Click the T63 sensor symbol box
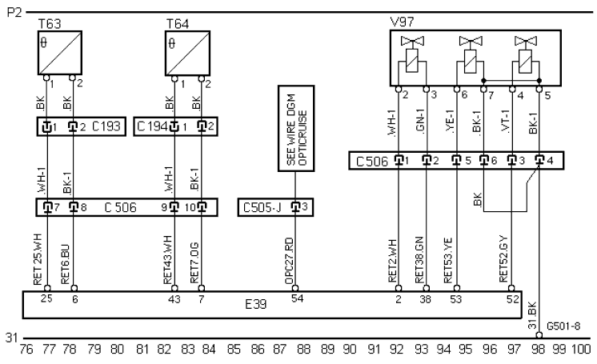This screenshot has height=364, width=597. pos(60,53)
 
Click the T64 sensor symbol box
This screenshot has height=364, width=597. pos(187,54)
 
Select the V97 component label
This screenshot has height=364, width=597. pos(402,22)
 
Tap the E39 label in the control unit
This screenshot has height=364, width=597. pos(256,304)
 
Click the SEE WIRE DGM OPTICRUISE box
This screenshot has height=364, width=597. pos(296,128)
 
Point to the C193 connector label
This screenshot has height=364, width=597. pos(106,126)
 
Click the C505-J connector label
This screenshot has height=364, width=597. pos(262,207)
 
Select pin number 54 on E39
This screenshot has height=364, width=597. pos(297,298)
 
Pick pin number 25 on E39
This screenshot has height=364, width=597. pos(46,298)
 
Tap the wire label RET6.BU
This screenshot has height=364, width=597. pos(65,264)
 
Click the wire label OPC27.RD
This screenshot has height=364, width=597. pos(289,261)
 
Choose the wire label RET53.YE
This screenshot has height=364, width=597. pos(448,261)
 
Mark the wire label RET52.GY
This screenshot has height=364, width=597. pos(503,259)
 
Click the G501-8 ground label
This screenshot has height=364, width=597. pos(563,326)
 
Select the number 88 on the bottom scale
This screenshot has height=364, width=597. pos(304,349)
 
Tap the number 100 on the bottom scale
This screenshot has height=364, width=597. pos(581,349)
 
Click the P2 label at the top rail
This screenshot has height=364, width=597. pos(15,13)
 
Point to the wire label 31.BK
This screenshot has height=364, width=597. pos(532,316)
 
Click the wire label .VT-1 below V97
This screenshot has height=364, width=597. pos(505,121)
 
